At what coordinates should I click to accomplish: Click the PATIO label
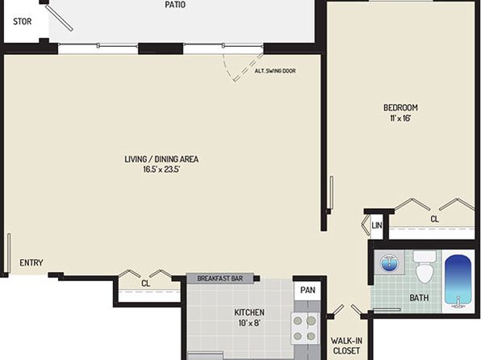click(x=175, y=5)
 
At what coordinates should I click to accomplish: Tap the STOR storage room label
click(x=23, y=22)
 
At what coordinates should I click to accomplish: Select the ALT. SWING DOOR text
click(x=275, y=71)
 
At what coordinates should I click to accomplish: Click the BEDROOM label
click(x=400, y=107)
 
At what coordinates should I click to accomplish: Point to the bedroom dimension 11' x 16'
click(x=400, y=118)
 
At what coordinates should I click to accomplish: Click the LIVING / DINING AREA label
click(x=161, y=159)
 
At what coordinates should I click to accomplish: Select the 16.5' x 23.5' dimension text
click(x=161, y=170)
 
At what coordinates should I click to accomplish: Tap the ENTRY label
click(x=31, y=262)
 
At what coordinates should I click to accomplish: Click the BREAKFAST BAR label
click(x=220, y=278)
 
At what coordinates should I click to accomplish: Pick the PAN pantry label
click(x=307, y=290)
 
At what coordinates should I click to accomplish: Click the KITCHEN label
click(x=249, y=312)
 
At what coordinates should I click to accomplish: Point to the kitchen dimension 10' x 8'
click(x=249, y=323)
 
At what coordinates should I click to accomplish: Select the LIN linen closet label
click(x=377, y=225)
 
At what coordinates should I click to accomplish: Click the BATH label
click(x=419, y=298)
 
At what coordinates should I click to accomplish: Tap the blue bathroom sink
click(x=389, y=263)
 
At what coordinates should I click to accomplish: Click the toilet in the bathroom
click(x=425, y=266)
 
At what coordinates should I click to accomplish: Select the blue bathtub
click(x=458, y=281)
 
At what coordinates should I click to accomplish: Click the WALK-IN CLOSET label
click(x=346, y=345)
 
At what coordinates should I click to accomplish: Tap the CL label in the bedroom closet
click(x=434, y=219)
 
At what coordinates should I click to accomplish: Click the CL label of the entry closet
click(x=146, y=283)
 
